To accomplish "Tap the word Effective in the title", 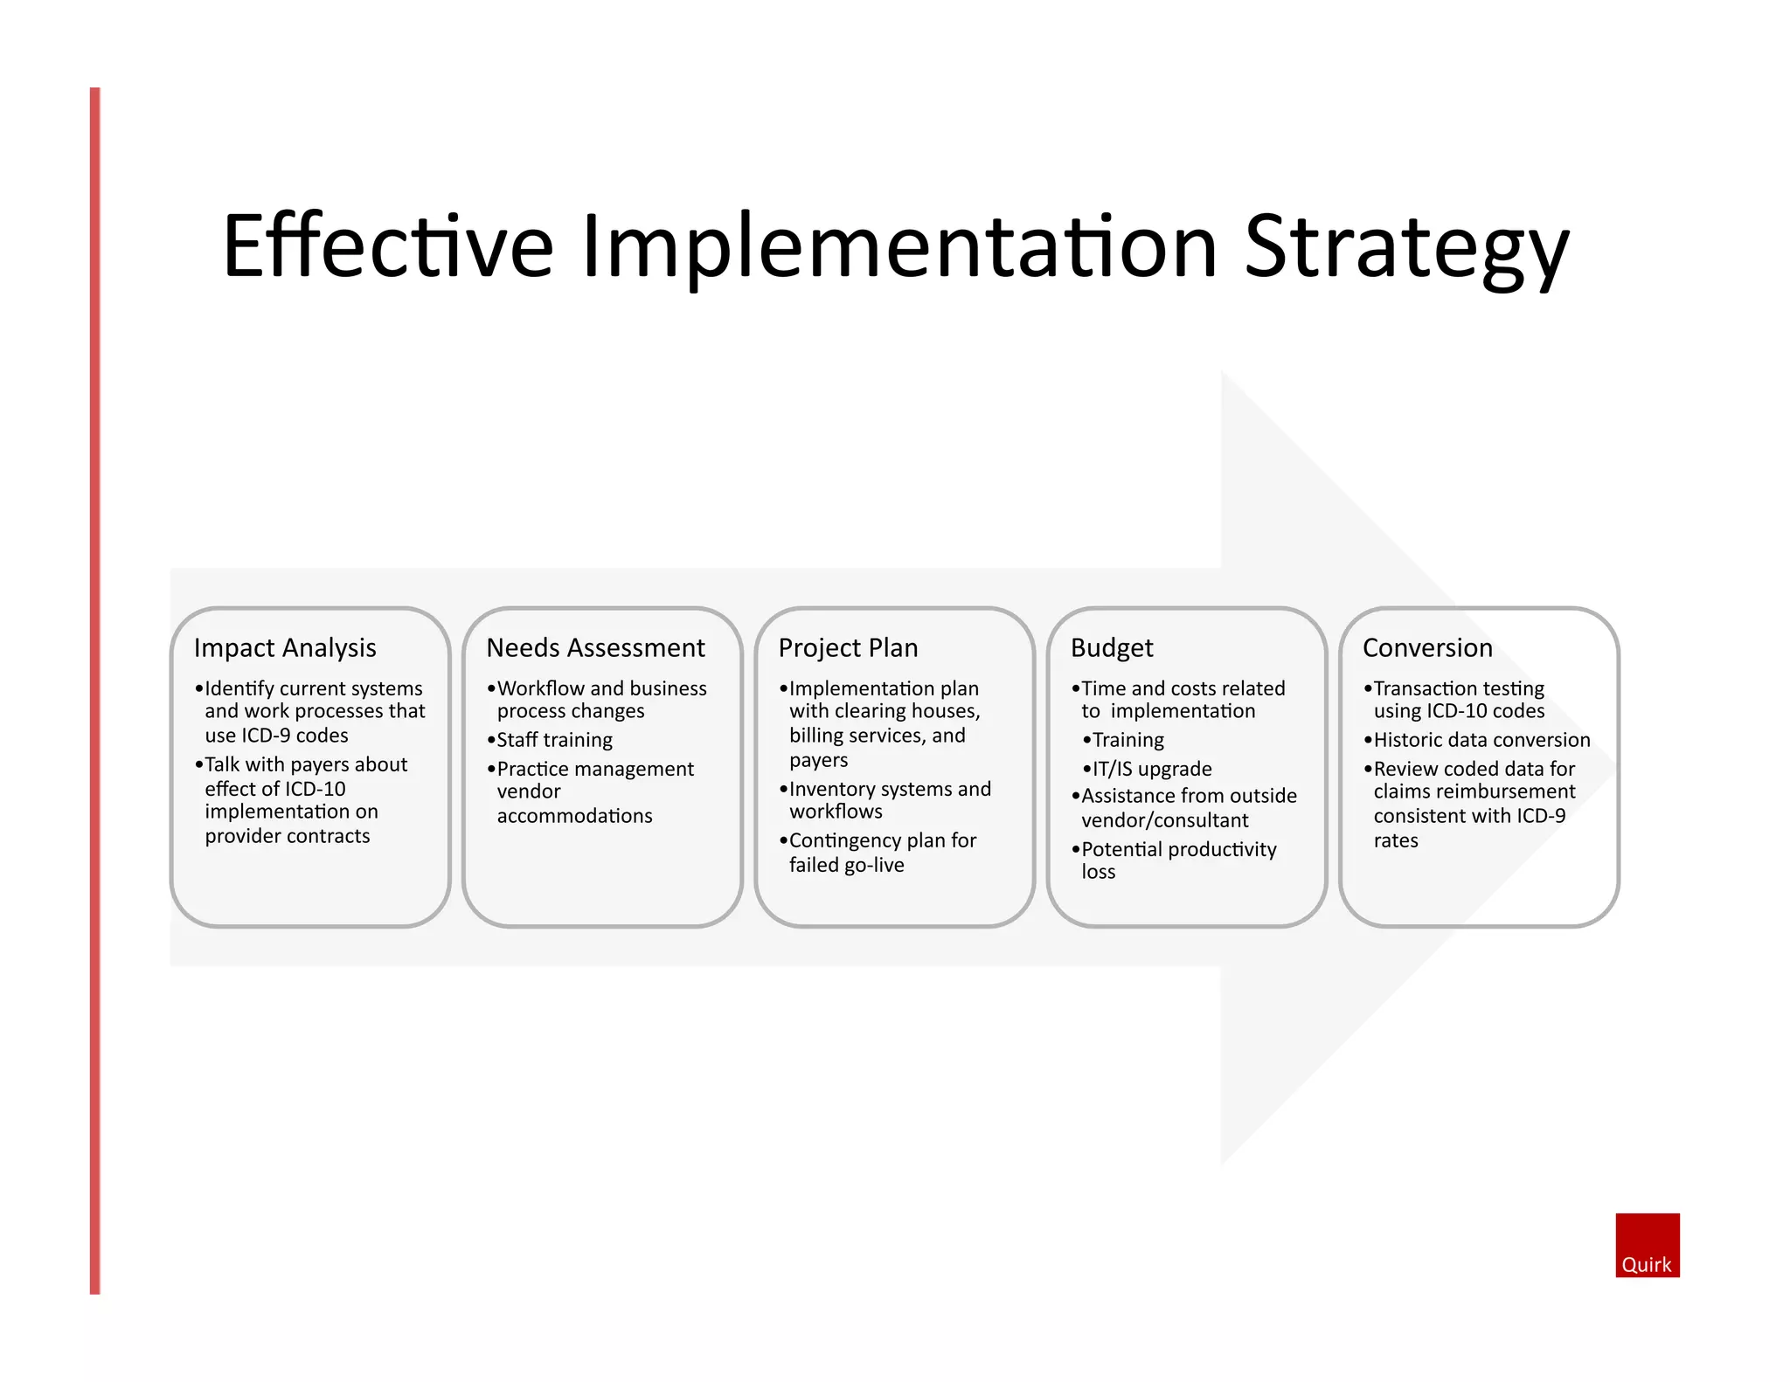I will pos(387,247).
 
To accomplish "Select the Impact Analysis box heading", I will pos(285,648).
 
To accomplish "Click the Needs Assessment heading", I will pos(595,648).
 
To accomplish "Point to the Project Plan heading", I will pos(848,648).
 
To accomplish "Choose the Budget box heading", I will pos(1112,648).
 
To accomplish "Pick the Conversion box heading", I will pos(1427,648).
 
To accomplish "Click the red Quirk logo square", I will pos(1647,1245).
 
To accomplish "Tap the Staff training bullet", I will pos(554,740).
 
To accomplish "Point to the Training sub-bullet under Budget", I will pos(1127,740).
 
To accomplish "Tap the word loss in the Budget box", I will pos(1098,872).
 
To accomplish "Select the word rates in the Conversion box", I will pos(1396,840).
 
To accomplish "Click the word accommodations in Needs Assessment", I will pos(574,816).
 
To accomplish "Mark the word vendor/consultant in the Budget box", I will pos(1164,820).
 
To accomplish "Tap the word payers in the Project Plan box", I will pos(818,760).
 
